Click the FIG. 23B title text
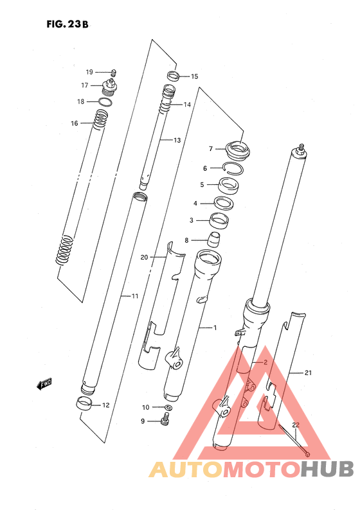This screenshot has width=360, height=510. click(67, 24)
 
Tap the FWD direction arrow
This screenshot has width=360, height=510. click(44, 384)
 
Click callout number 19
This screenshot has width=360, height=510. click(89, 72)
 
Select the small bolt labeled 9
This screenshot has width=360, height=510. click(165, 418)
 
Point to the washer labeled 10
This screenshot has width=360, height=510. click(168, 407)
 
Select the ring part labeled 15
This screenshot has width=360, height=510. click(174, 77)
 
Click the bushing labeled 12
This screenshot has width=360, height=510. click(84, 404)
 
